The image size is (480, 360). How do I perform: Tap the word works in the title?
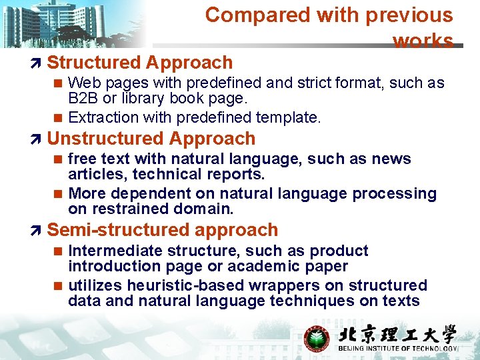tap(423, 41)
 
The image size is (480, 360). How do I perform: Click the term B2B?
tap(82, 99)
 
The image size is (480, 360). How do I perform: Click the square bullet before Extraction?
tap(58, 118)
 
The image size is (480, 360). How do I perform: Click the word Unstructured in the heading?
tap(99, 139)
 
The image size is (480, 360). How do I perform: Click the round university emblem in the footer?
tap(317, 337)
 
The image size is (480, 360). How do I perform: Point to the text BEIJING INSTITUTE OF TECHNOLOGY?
tap(398, 349)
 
